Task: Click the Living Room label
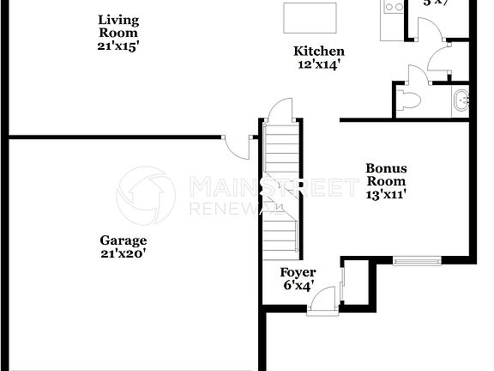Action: [x=117, y=26]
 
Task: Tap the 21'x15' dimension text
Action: [x=117, y=46]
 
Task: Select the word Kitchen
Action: [x=319, y=52]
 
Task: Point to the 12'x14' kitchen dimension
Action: [x=319, y=64]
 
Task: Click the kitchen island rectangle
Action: [x=309, y=15]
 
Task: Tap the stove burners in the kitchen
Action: [x=393, y=7]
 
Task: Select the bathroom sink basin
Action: [x=462, y=100]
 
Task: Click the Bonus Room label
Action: [x=386, y=174]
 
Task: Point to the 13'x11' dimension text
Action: [x=386, y=194]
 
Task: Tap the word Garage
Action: [x=123, y=240]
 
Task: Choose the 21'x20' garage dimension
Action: [x=123, y=253]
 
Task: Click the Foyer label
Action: [x=298, y=272]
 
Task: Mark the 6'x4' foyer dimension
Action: [x=298, y=285]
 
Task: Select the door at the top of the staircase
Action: [x=280, y=111]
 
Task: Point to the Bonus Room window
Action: [x=417, y=259]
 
